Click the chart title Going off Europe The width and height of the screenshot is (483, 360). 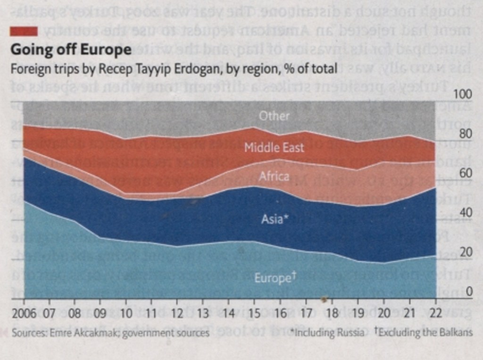pyautogui.click(x=70, y=50)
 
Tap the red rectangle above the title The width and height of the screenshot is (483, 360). pyautogui.click(x=24, y=31)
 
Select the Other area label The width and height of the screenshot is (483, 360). pyautogui.click(x=274, y=115)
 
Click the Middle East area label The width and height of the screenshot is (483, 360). pyautogui.click(x=274, y=148)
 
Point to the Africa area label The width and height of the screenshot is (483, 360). pyautogui.click(x=274, y=176)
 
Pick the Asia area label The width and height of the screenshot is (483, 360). pyautogui.click(x=274, y=219)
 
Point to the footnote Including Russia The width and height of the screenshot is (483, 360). pyautogui.click(x=328, y=333)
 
